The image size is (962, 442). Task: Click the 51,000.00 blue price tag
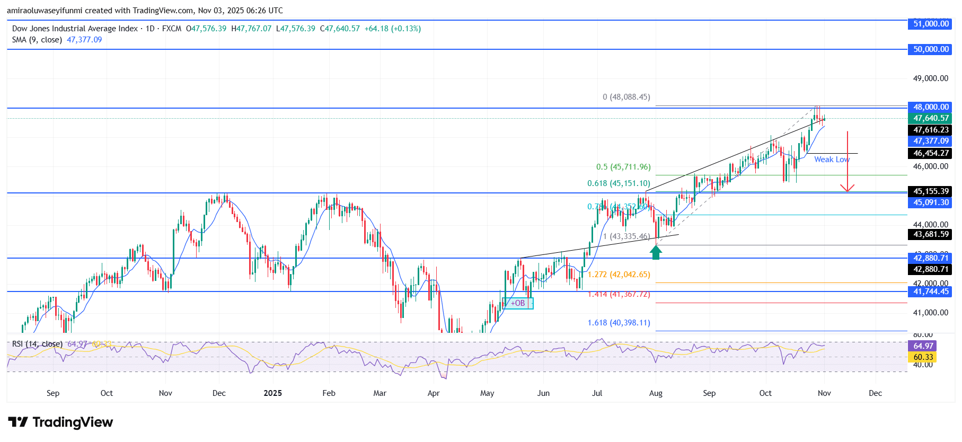(x=930, y=24)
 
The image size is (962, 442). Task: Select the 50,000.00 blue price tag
(x=930, y=49)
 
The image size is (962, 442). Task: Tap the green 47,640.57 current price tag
(x=930, y=118)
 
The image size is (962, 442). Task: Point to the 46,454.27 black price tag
(x=930, y=153)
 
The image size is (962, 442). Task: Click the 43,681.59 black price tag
(x=930, y=234)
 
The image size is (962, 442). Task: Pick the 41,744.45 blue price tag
(x=930, y=291)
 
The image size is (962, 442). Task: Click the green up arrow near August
(x=656, y=252)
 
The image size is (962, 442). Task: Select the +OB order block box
(x=518, y=303)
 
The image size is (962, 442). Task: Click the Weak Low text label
(x=832, y=160)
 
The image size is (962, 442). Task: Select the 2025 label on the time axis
(x=272, y=393)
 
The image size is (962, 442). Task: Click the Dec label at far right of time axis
(x=875, y=393)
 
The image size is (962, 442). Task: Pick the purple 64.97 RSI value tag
(x=923, y=346)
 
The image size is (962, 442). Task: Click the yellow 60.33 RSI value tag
(x=923, y=357)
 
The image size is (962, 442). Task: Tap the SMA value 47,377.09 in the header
(x=84, y=40)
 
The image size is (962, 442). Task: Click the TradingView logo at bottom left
(x=60, y=422)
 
